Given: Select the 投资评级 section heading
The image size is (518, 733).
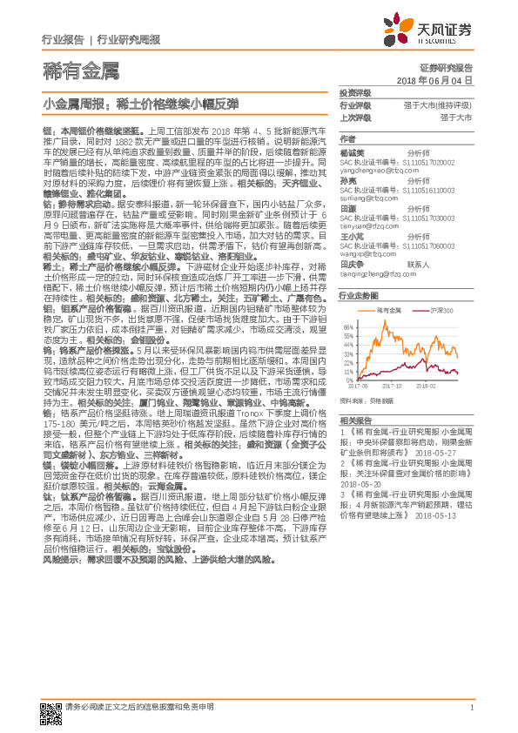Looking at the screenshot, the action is coord(354,92).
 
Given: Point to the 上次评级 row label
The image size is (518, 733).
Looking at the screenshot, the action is coord(354,117).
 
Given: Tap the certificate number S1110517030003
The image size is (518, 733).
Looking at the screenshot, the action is coord(417,217).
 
